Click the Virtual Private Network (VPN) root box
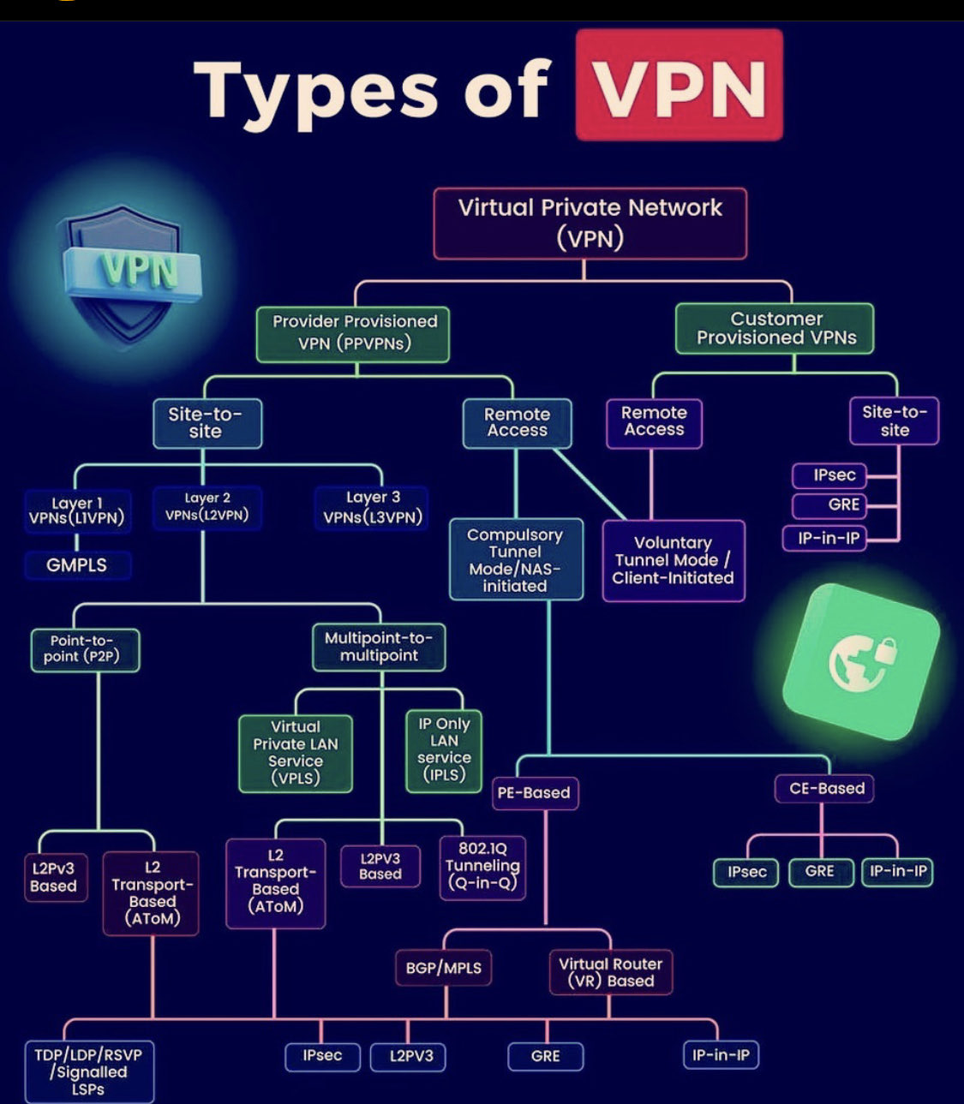point(590,223)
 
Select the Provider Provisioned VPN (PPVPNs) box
point(353,333)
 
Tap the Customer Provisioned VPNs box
point(775,328)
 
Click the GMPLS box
point(77,565)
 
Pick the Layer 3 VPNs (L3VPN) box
point(372,508)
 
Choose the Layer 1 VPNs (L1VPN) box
point(77,511)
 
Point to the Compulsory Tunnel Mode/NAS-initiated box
point(515,559)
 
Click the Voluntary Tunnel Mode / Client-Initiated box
point(673,560)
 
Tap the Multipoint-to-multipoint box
point(379,647)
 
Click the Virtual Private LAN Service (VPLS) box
point(296,753)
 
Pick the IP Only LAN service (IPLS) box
point(444,749)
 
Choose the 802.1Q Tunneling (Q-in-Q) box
point(482,865)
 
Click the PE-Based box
point(534,793)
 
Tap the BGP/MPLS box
point(444,968)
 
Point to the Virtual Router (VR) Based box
point(610,972)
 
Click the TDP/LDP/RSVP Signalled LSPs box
point(88,1071)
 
